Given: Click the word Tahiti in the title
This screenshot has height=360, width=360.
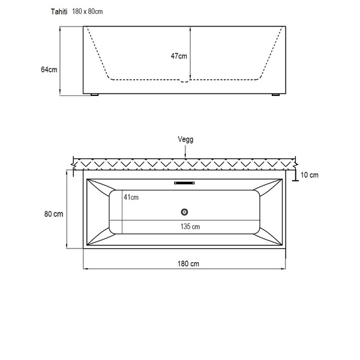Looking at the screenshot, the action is click(x=59, y=12).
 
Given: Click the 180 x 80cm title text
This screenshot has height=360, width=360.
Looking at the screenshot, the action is click(x=88, y=11).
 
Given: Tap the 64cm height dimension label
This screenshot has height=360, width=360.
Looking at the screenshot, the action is click(x=49, y=70).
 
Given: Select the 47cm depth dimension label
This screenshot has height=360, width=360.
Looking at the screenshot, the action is click(x=179, y=56).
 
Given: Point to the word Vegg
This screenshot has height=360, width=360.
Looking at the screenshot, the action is click(x=185, y=140).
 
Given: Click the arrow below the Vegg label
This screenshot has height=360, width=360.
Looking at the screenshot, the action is click(x=185, y=152).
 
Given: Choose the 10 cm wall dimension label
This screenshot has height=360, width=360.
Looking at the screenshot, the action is click(x=310, y=175).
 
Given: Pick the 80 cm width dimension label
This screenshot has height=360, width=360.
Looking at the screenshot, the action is click(x=53, y=214).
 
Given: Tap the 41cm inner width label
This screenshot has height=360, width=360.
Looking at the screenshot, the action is click(x=131, y=197).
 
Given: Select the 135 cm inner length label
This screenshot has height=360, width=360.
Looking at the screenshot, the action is click(x=190, y=227).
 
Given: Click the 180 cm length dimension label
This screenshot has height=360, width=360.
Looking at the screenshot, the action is click(x=188, y=264).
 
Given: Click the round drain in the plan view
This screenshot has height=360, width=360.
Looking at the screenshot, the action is click(x=184, y=212).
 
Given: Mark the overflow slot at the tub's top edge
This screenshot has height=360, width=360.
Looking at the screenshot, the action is click(x=184, y=183).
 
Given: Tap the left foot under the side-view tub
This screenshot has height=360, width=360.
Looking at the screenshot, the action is click(x=95, y=95).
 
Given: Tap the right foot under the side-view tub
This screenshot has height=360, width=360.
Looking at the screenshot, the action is click(x=275, y=95).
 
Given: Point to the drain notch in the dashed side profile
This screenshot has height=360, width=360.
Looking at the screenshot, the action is click(x=184, y=81).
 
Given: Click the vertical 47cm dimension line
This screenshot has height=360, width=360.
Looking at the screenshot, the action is click(x=190, y=53).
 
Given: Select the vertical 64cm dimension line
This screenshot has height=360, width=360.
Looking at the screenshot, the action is click(x=60, y=61).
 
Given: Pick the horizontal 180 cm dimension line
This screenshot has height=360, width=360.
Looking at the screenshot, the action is click(x=184, y=268).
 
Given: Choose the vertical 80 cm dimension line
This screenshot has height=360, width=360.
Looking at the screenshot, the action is click(x=67, y=209).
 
